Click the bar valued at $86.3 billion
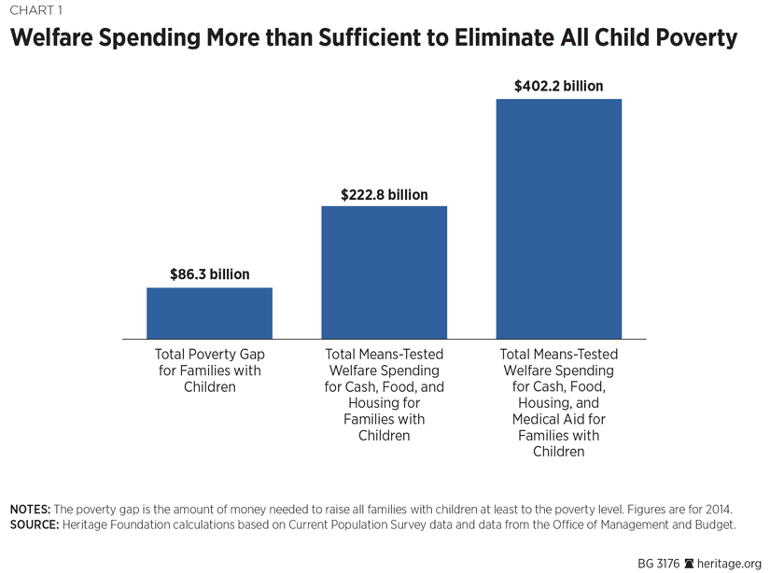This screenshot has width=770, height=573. click(209, 313)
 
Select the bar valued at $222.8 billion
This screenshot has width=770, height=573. click(384, 272)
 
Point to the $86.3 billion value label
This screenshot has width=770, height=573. click(209, 274)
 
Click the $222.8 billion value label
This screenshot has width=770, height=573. click(384, 194)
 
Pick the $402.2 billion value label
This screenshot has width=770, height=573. click(558, 86)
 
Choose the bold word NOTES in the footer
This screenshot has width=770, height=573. click(30, 510)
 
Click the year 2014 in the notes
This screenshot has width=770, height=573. click(717, 510)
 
